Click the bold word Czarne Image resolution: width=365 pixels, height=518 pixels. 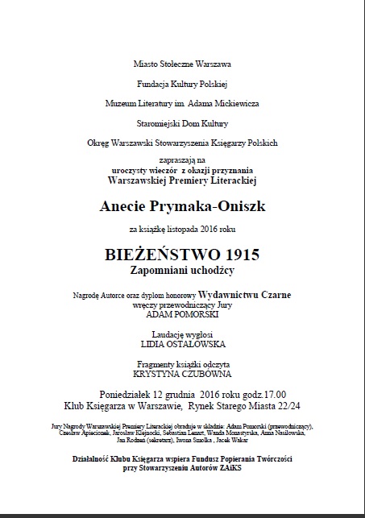point(273,295)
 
